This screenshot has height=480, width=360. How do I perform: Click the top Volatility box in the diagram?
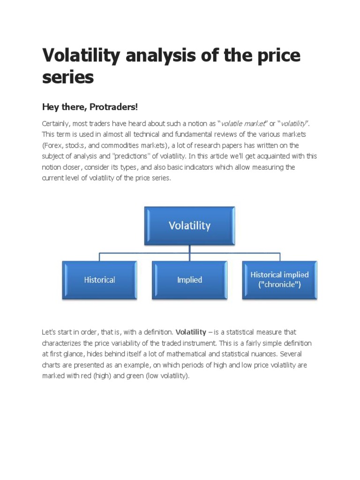click(189, 226)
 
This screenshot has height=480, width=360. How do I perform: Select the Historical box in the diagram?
click(99, 280)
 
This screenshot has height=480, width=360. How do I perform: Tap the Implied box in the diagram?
click(189, 280)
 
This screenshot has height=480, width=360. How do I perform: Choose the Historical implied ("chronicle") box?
click(279, 280)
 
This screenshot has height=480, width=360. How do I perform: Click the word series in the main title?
click(68, 77)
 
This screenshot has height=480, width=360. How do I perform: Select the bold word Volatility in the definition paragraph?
click(191, 332)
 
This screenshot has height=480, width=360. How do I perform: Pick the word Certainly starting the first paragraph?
click(57, 123)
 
